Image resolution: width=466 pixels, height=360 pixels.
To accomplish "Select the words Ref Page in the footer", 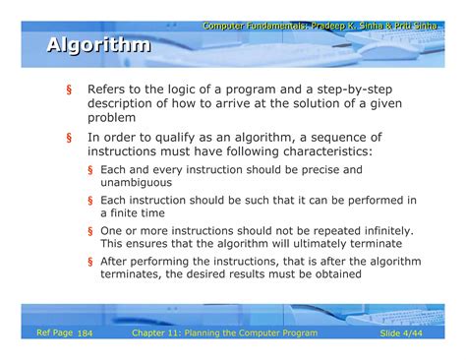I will coord(53,334).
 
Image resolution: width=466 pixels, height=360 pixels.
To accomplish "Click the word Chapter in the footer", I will coord(152,334).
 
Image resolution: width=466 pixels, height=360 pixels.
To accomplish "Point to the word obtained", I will coord(333,275).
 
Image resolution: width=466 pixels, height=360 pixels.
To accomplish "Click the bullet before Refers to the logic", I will coord(69,90).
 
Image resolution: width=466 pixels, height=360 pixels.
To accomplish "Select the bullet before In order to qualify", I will coord(69,139).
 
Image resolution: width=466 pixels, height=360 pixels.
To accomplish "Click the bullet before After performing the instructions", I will coord(89,263).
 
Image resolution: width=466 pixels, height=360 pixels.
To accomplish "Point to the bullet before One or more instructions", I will coord(89,232).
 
